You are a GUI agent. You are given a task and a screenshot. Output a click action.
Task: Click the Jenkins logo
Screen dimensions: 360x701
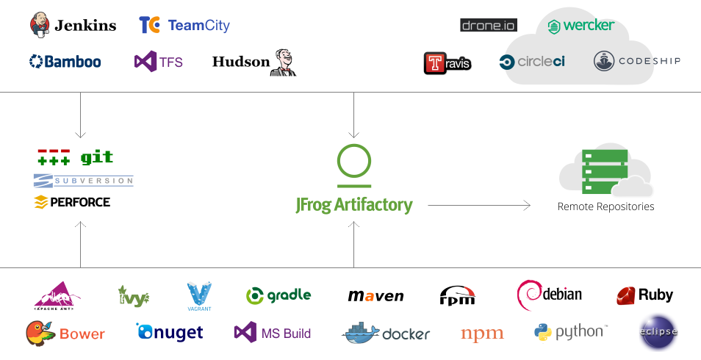point(73,25)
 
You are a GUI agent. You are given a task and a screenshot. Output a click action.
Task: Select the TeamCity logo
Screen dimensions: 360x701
point(184,25)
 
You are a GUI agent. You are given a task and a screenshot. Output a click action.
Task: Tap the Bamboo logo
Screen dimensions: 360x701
point(65,62)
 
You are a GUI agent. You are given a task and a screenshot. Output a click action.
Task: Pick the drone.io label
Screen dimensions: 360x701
point(489,25)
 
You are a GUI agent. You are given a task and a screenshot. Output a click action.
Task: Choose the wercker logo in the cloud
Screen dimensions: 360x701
point(580,26)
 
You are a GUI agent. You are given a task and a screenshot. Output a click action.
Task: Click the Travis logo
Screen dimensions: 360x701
point(447,63)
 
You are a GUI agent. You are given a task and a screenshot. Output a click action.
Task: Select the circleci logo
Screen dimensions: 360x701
point(532,62)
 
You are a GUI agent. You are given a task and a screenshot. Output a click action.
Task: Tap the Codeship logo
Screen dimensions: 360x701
point(636,61)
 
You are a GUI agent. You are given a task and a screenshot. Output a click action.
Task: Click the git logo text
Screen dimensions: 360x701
point(97,157)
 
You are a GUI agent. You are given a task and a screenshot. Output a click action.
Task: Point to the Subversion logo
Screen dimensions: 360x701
point(83,180)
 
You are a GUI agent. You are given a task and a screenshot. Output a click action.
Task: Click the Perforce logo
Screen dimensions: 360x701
point(72,201)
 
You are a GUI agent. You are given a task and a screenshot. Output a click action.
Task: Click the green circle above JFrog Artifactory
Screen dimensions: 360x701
point(353,161)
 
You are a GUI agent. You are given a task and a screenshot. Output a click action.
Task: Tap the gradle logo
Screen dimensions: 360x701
point(278,295)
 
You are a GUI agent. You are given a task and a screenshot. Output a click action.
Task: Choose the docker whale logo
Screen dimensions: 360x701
point(364,333)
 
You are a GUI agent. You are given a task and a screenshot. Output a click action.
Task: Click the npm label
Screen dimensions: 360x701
point(482,334)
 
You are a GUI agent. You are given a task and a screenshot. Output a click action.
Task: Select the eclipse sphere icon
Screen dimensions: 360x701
point(658,331)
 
